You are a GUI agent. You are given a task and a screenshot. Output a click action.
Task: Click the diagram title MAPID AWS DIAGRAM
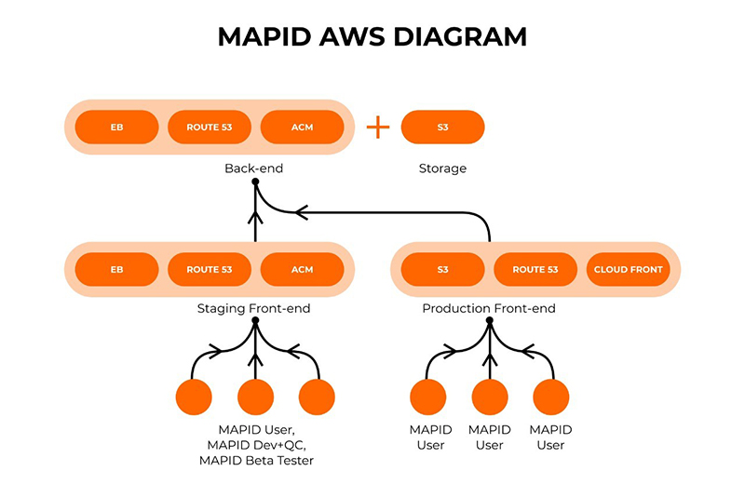(x=372, y=36)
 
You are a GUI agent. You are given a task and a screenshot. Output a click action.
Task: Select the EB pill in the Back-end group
(x=117, y=127)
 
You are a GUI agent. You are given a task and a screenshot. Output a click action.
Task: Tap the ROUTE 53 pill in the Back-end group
(x=210, y=127)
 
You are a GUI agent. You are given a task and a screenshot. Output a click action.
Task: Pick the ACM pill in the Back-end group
(x=302, y=127)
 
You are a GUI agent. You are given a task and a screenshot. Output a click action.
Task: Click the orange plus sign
(x=378, y=128)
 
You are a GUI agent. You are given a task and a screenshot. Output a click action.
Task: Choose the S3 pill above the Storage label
(x=443, y=127)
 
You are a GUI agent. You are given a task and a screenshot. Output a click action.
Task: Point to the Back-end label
(x=253, y=168)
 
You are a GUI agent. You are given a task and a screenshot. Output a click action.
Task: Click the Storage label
(x=443, y=168)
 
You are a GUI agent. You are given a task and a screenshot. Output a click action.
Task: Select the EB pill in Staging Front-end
(x=117, y=269)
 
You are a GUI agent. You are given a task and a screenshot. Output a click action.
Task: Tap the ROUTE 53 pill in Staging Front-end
(x=210, y=269)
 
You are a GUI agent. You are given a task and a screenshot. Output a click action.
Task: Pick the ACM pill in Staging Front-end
(x=302, y=269)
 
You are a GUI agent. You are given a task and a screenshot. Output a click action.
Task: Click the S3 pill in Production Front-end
(x=443, y=269)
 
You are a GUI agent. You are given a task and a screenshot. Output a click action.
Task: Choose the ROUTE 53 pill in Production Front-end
(x=535, y=269)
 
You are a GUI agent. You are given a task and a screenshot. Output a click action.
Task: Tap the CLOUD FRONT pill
(x=628, y=269)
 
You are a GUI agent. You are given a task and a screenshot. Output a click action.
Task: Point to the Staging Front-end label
(x=253, y=309)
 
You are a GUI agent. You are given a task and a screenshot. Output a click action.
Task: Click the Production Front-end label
(x=489, y=309)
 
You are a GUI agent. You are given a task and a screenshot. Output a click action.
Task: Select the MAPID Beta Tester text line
(x=257, y=461)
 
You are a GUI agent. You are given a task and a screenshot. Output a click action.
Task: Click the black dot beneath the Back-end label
(x=255, y=182)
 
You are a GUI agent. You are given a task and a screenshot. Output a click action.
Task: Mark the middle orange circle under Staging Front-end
(x=255, y=397)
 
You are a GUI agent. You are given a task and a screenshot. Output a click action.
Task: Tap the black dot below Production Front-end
(x=490, y=320)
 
